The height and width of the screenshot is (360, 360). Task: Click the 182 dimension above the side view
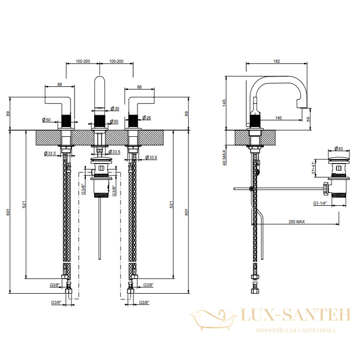pyautogui.click(x=277, y=61)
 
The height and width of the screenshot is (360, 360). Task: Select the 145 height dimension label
pyautogui.click(x=224, y=103)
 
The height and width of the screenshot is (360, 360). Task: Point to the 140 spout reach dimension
pyautogui.click(x=278, y=118)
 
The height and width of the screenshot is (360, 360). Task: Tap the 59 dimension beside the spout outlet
pyautogui.click(x=308, y=119)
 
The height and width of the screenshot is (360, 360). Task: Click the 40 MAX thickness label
pyautogui.click(x=224, y=158)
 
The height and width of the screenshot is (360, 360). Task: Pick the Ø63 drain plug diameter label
pyautogui.click(x=338, y=149)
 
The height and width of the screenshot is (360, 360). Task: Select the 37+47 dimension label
pyautogui.click(x=314, y=168)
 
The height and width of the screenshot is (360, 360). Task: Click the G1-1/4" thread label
pyautogui.click(x=320, y=203)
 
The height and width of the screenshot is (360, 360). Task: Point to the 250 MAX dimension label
pyautogui.click(x=297, y=222)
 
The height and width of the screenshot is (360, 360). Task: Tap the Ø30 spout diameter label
pyautogui.click(x=115, y=109)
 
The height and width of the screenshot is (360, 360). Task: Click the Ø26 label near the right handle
pyautogui.click(x=147, y=118)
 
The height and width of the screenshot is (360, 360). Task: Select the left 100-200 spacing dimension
pyautogui.click(x=83, y=61)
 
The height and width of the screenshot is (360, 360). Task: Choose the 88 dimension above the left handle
pyautogui.click(x=60, y=84)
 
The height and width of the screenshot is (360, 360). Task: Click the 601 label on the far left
pyautogui.click(x=8, y=212)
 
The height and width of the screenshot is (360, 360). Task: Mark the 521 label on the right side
pyautogui.click(x=171, y=204)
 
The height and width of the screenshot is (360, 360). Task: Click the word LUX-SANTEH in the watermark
pyautogui.click(x=296, y=315)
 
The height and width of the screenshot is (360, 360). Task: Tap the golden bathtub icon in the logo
pyautogui.click(x=213, y=319)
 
